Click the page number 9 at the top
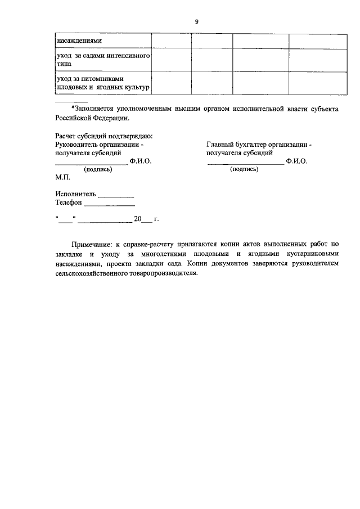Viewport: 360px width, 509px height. click(196, 21)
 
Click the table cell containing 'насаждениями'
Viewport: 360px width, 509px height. click(79, 41)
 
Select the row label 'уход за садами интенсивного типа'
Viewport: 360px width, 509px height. click(102, 60)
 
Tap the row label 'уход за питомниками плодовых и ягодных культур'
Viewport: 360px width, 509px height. click(102, 83)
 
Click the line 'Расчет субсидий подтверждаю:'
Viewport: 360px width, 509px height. click(105, 136)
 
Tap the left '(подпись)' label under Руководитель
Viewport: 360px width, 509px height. click(98, 169)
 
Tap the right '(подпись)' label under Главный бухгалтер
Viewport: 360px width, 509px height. click(244, 168)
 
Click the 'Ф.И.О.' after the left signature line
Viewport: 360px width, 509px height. click(141, 161)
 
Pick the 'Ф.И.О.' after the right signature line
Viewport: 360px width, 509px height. click(296, 161)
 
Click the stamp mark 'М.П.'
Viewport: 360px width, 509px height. click(62, 177)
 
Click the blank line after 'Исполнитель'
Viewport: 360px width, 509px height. click(116, 195)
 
